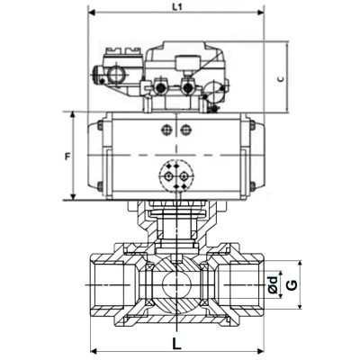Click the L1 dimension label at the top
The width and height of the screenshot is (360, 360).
(x=176, y=7)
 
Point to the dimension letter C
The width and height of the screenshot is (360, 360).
(x=281, y=79)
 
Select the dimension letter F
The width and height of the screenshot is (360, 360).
(x=67, y=157)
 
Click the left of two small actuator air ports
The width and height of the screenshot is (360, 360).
(x=165, y=131)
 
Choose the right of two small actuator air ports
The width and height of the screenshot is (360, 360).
(x=187, y=131)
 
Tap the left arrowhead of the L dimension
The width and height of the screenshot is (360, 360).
(x=94, y=350)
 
